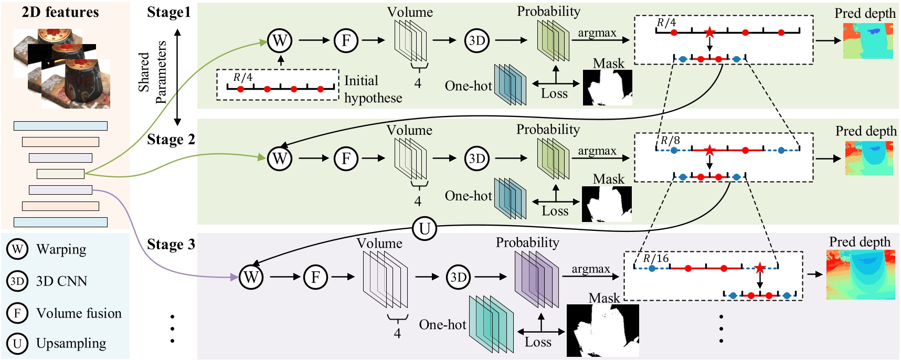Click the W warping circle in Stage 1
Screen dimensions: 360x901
pyautogui.click(x=280, y=40)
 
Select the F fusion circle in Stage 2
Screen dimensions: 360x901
pyautogui.click(x=346, y=158)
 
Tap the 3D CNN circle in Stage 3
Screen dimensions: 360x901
pyautogui.click(x=459, y=277)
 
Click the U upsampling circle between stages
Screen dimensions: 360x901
pyautogui.click(x=425, y=229)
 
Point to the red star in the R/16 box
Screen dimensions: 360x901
pyautogui.click(x=760, y=269)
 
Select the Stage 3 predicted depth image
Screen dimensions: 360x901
pyautogui.click(x=861, y=274)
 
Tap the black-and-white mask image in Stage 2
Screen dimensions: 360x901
pyautogui.click(x=607, y=204)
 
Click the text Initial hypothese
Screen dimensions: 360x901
pyautogui.click(x=373, y=89)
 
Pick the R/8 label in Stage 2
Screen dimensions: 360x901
pyautogui.click(x=670, y=141)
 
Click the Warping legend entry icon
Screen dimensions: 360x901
pyautogui.click(x=17, y=249)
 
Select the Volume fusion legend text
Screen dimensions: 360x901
pyautogui.click(x=79, y=313)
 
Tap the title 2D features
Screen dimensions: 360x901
pyautogui.click(x=60, y=12)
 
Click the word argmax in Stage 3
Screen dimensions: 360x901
pyautogui.click(x=590, y=269)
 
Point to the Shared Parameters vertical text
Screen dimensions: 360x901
pyautogui.click(x=152, y=72)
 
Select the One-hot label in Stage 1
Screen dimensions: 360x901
pyautogui.click(x=468, y=86)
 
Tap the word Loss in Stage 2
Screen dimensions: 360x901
pyautogui.click(x=555, y=211)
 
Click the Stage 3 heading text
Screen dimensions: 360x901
pyautogui.click(x=171, y=245)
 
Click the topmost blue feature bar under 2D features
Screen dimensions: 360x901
pyautogui.click(x=60, y=126)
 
